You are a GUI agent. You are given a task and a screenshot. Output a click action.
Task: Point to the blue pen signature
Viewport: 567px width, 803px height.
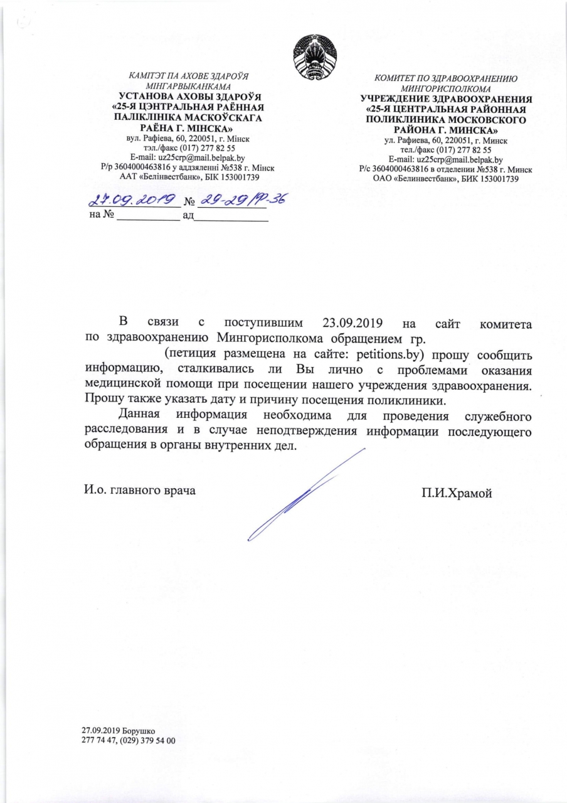[x=301, y=496]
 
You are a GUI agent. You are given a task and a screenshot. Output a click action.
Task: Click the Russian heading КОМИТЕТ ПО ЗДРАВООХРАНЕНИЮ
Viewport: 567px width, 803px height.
[x=445, y=80]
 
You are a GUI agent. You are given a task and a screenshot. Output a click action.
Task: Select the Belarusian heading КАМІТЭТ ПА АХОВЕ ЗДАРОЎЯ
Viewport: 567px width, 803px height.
[x=188, y=77]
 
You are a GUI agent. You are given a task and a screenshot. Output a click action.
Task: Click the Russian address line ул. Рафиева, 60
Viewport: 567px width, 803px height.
[x=445, y=142]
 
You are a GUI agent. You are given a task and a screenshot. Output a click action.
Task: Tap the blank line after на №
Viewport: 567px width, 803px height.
[x=149, y=218]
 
